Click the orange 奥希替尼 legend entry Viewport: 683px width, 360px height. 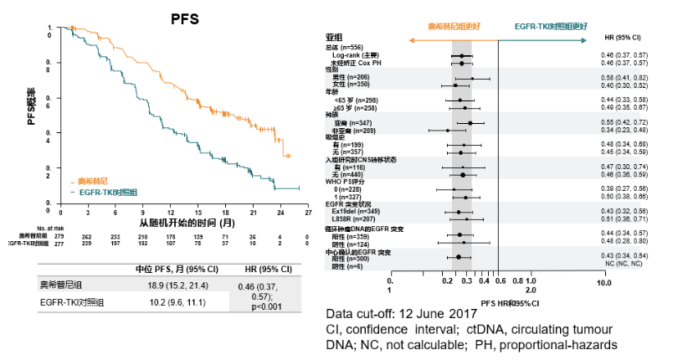pos(93,181)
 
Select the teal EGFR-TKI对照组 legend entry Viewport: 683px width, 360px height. pos(105,192)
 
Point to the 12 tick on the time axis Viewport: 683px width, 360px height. pos(170,212)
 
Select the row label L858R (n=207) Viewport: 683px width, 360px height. pos(355,219)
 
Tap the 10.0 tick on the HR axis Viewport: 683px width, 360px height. pos(603,282)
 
